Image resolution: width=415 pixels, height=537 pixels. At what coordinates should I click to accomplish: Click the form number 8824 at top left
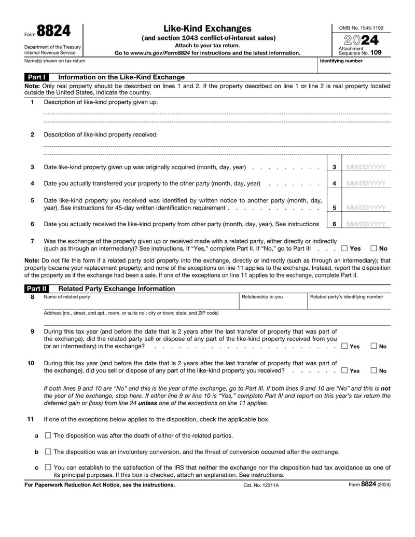53,32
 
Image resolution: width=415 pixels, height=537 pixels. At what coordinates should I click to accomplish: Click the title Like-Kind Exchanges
208,29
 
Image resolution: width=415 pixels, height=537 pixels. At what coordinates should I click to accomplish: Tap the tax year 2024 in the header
358,39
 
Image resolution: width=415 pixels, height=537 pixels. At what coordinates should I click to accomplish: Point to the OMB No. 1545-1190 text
358,27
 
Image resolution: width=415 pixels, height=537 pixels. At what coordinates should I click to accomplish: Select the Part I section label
37,77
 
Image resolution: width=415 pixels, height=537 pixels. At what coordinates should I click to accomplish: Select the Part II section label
37,288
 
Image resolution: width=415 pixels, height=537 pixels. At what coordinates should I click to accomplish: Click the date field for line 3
366,167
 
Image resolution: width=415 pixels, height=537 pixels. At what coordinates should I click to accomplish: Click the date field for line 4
366,183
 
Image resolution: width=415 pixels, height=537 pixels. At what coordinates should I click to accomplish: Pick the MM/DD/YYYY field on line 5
366,208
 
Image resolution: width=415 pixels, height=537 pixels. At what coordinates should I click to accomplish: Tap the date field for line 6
366,224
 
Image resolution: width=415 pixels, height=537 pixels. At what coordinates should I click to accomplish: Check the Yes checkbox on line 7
344,249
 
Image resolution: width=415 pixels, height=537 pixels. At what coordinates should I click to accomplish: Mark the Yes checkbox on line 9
344,346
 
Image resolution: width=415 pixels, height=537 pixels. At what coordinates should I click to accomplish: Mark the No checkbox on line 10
374,370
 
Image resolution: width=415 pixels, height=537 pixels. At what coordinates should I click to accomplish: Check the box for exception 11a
48,435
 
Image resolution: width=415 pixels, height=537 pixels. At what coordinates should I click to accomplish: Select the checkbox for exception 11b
48,451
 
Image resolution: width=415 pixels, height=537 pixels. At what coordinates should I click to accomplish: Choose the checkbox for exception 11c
48,467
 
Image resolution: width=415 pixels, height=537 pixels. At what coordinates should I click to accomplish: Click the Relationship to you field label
262,297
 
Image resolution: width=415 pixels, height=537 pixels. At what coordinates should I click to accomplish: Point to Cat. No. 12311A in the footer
260,485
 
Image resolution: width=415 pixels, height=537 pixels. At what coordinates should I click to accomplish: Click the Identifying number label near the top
341,61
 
